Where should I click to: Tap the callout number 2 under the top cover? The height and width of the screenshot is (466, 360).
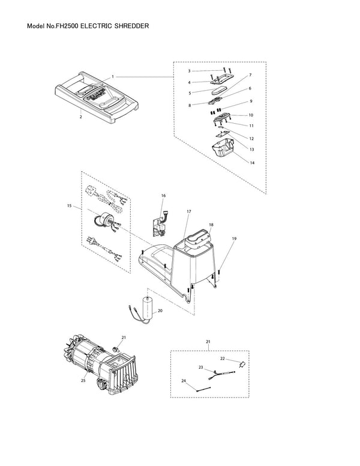80,116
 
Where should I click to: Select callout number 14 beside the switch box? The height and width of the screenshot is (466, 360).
252,163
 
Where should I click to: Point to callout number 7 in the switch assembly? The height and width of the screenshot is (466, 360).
250,75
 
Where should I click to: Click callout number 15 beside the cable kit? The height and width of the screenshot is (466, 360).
69,205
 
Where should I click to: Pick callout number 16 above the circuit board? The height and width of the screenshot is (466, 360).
163,196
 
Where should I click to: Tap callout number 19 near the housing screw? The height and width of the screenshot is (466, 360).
234,238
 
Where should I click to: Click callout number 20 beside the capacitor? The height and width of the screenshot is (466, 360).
160,310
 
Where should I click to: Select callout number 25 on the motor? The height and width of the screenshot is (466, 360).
83,380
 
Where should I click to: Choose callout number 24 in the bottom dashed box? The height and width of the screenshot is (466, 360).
184,381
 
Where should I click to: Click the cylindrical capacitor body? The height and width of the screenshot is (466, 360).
147,307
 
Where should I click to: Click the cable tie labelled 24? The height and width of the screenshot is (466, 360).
204,389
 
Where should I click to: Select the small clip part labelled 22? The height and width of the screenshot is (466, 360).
242,364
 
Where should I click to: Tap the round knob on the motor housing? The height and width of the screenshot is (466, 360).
101,386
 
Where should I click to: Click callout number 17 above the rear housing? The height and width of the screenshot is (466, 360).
189,211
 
